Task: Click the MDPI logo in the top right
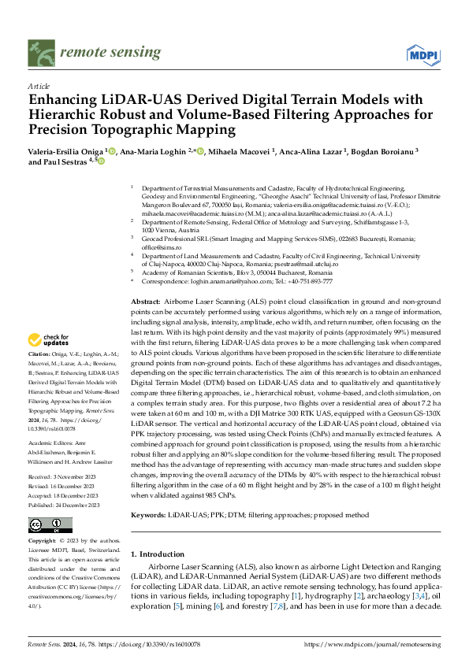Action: [x=422, y=54]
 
